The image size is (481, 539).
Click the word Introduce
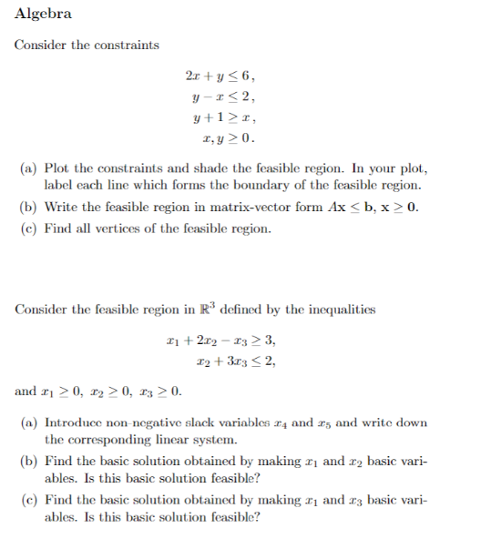(x=76, y=423)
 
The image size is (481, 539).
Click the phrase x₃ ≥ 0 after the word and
(x=159, y=392)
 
